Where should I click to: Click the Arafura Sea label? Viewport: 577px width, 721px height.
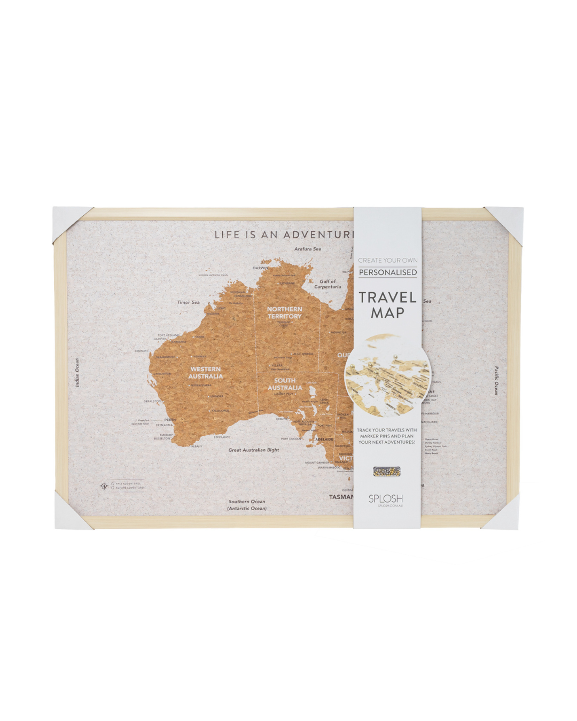click(307, 249)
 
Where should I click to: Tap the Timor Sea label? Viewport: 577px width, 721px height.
click(188, 302)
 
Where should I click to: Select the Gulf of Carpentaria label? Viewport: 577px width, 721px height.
click(327, 284)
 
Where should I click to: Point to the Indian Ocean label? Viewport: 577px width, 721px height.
click(77, 372)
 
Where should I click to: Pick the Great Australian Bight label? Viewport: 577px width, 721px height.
click(254, 450)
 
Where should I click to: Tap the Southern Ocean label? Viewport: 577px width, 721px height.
click(247, 505)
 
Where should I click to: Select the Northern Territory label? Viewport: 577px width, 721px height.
click(284, 312)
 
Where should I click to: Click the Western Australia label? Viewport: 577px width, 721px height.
click(205, 372)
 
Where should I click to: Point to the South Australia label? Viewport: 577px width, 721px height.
click(285, 384)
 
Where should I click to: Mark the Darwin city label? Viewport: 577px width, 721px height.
click(261, 268)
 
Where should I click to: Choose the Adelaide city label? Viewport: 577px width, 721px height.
click(324, 440)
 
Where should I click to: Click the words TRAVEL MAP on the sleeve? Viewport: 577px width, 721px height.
click(387, 305)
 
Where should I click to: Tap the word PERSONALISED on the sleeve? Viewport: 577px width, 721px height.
click(388, 272)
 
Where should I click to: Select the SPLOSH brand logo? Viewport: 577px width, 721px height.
click(385, 499)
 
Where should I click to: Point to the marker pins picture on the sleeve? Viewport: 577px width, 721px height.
click(387, 472)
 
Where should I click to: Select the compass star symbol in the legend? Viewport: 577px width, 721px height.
click(104, 486)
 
